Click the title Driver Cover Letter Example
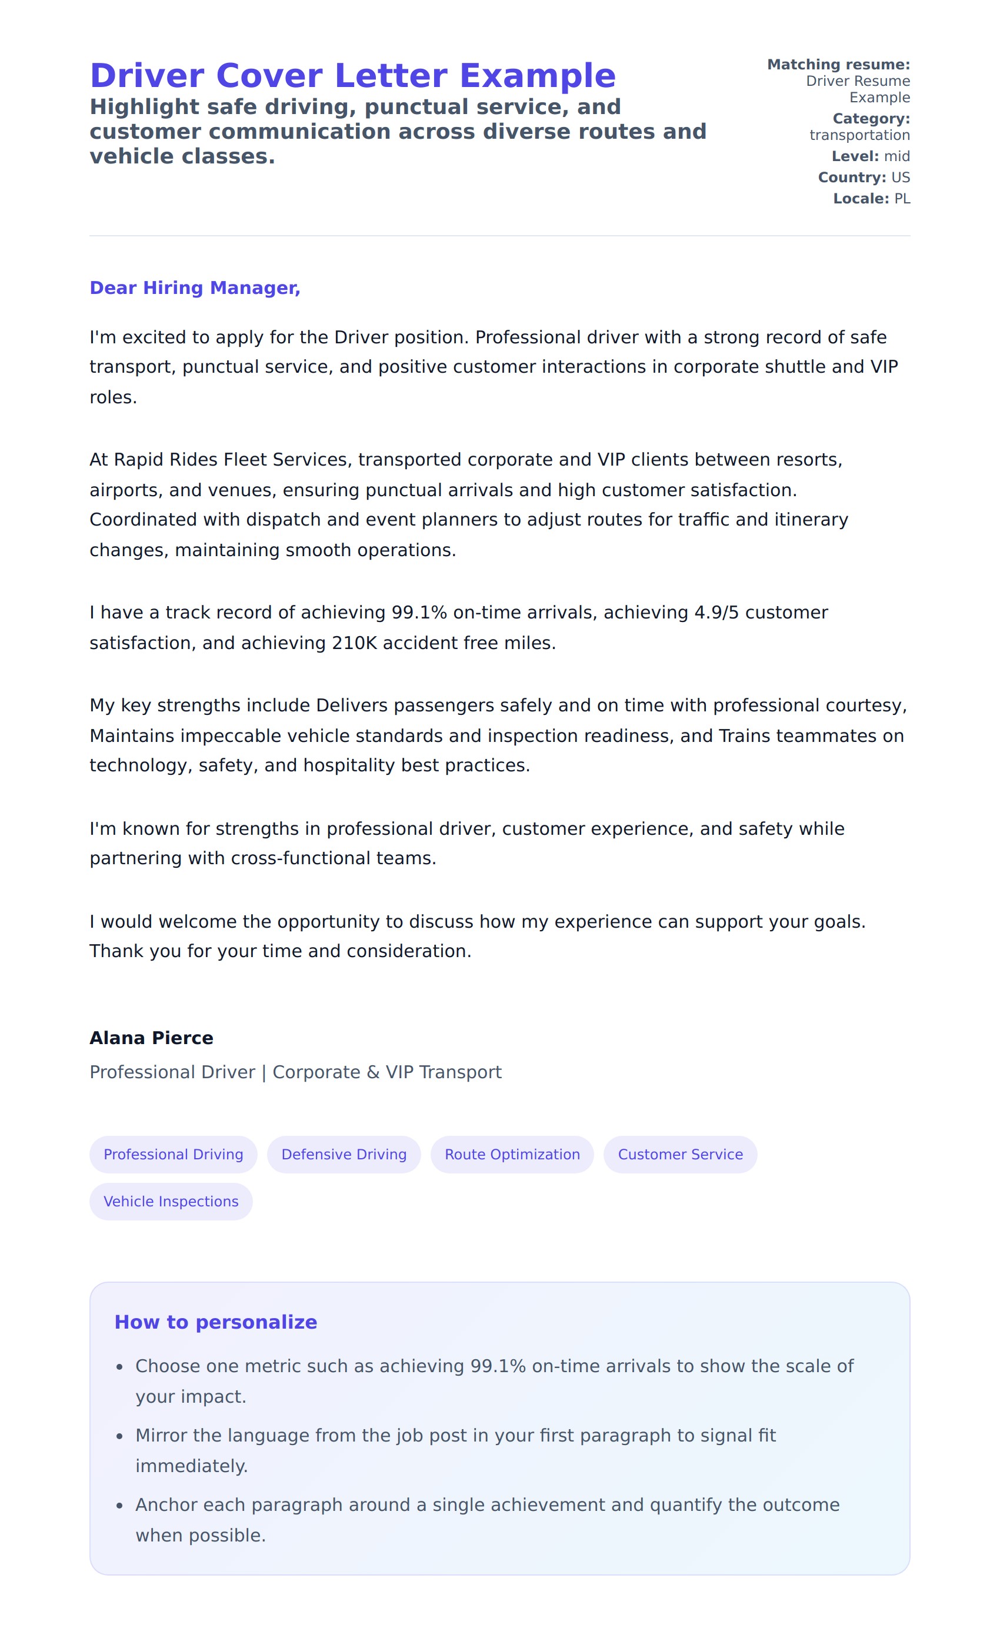(x=352, y=75)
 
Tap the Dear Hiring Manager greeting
(x=195, y=287)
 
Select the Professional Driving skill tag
(x=173, y=1155)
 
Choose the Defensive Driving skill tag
(x=344, y=1155)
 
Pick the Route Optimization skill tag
(x=512, y=1155)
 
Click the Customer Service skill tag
(x=680, y=1155)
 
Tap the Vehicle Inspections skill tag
(x=171, y=1202)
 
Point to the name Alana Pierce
(x=151, y=1038)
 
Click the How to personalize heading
(x=215, y=1322)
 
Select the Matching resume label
(x=838, y=64)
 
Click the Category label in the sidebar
(x=871, y=119)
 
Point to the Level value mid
(x=896, y=156)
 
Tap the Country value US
(x=900, y=178)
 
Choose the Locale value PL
(x=901, y=199)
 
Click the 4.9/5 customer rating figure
(x=716, y=613)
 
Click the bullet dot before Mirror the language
(x=119, y=1437)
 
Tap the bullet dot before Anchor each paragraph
(x=119, y=1506)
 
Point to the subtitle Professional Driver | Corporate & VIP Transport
(x=295, y=1072)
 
